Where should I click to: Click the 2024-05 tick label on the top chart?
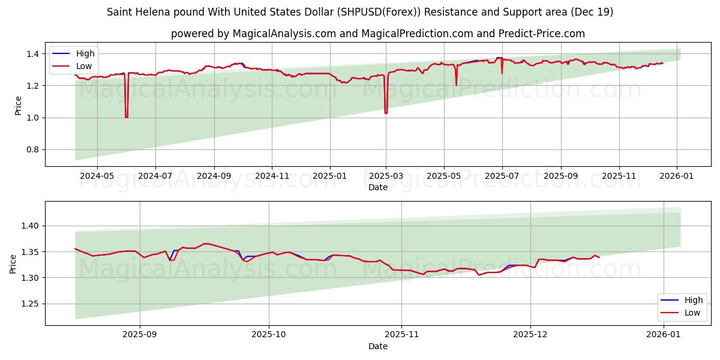pos(97,176)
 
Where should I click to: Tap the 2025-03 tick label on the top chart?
pos(386,176)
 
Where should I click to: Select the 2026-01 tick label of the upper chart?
pos(677,176)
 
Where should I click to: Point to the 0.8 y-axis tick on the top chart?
pos(33,149)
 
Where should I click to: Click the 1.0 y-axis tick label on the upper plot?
pos(33,118)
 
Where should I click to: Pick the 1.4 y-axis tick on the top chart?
pos(33,54)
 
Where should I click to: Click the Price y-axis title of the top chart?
pos(18,106)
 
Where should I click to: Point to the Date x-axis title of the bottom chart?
pos(378,346)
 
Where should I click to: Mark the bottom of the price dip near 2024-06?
pos(126,117)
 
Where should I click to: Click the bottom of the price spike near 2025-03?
pos(386,113)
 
